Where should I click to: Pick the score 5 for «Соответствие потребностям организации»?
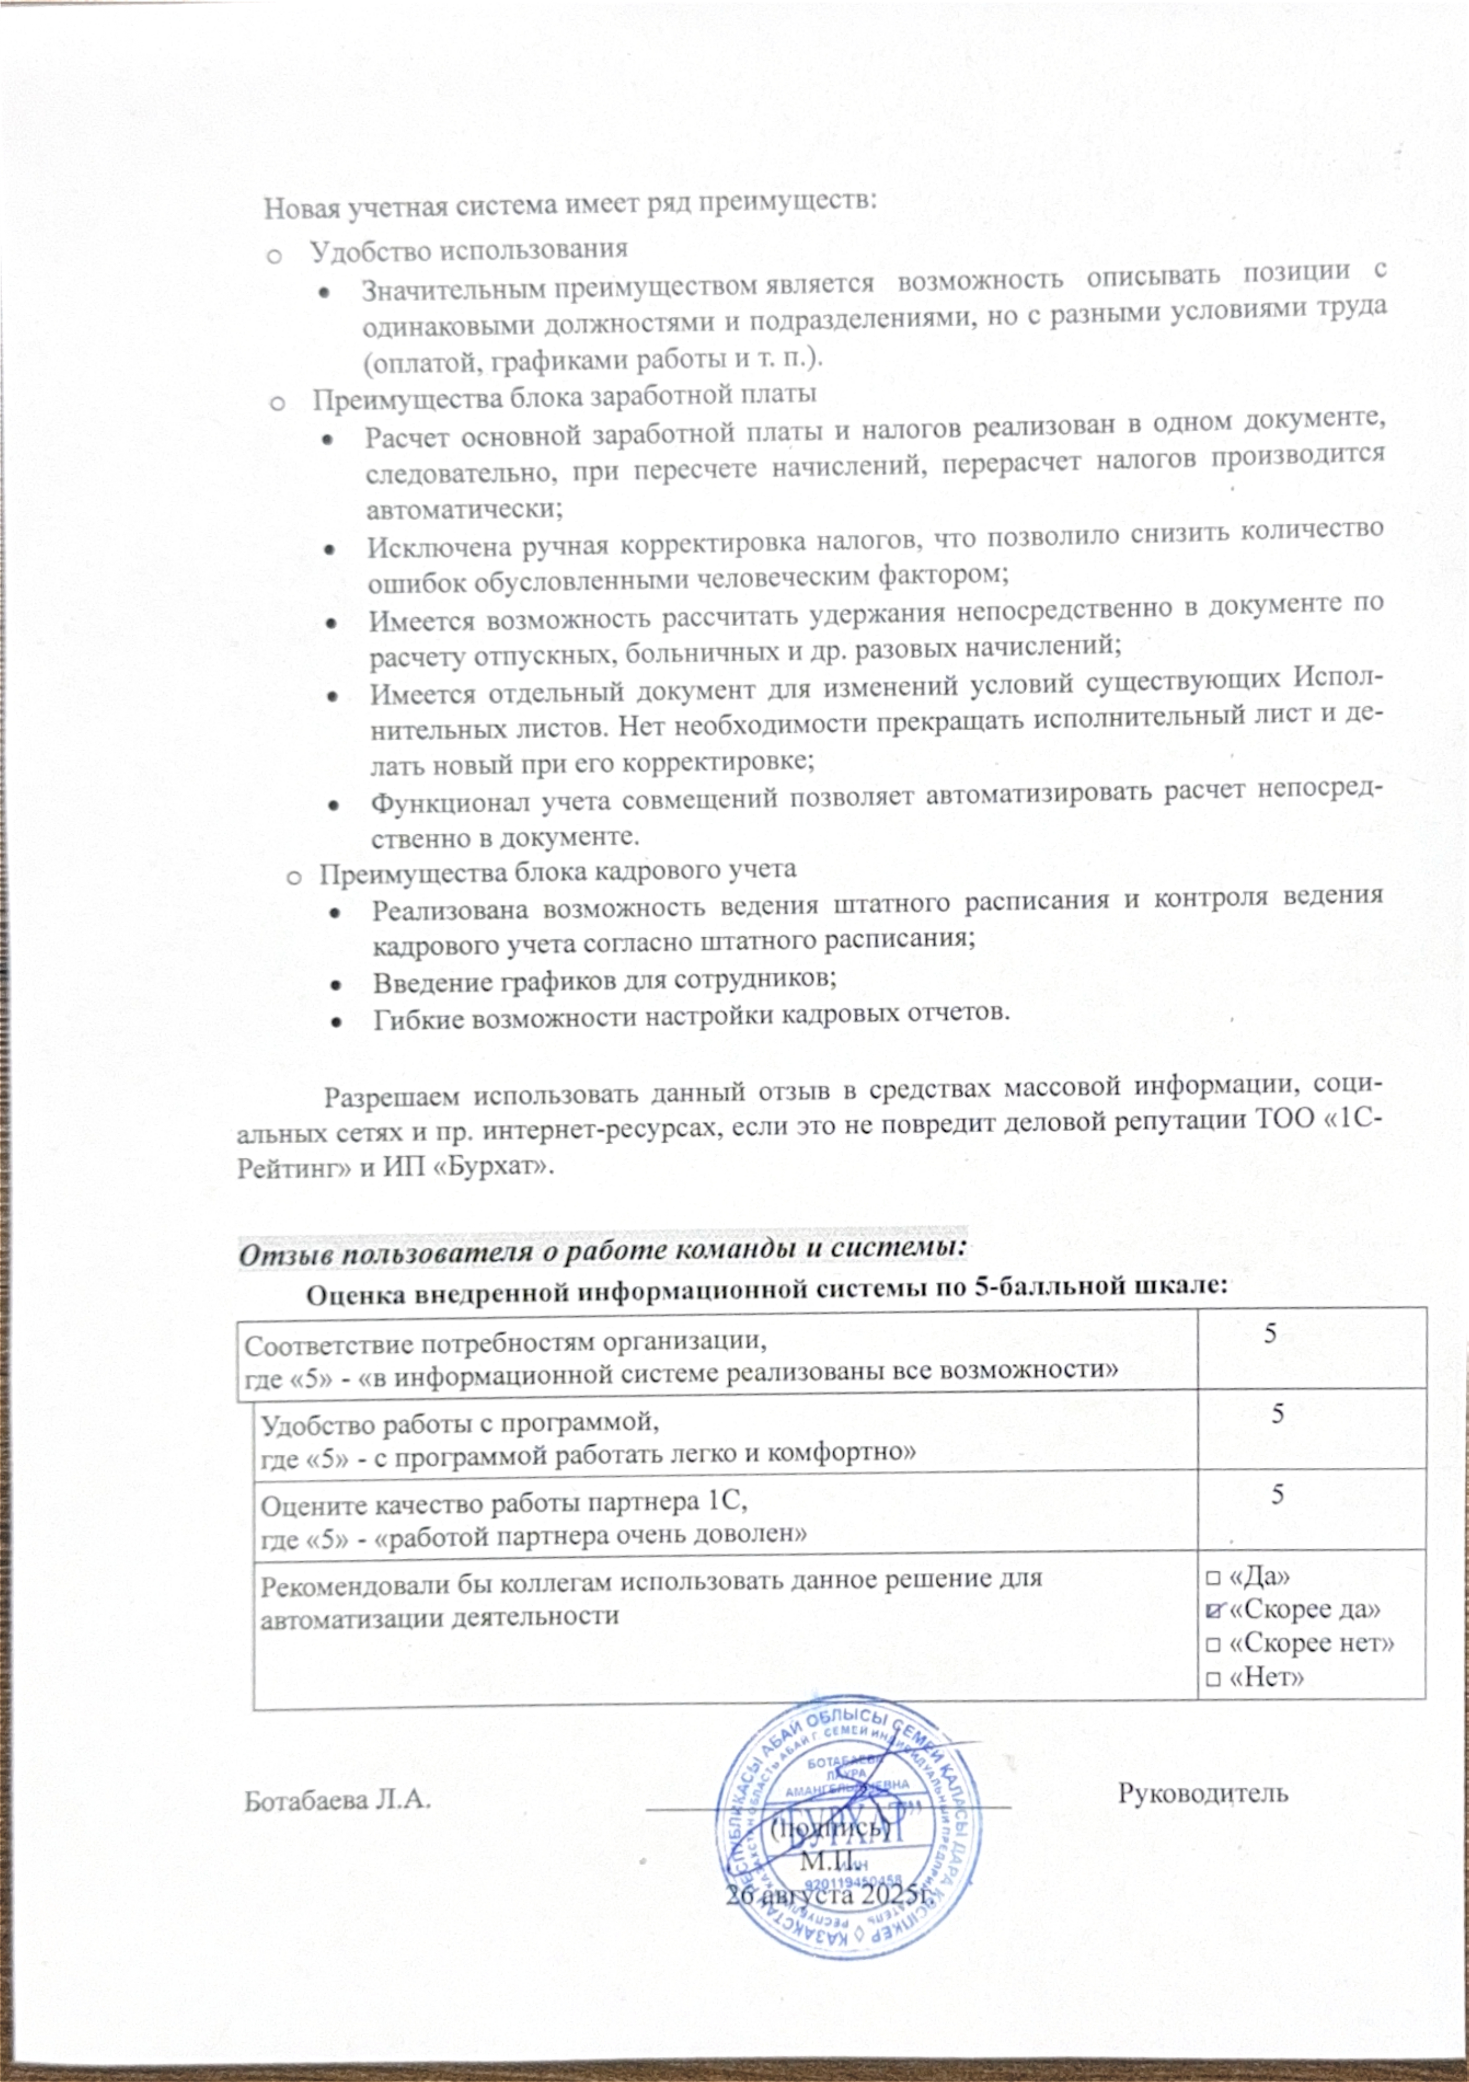[x=1271, y=1333]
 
